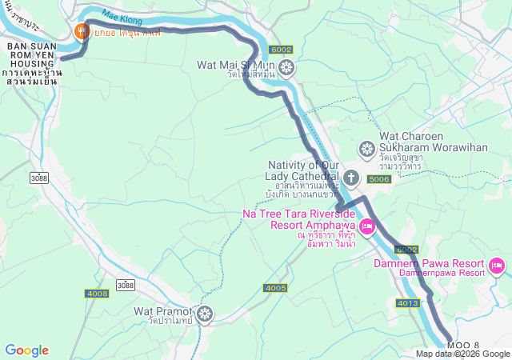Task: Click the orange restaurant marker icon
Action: pos(81,32)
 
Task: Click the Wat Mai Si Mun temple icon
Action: pos(286,68)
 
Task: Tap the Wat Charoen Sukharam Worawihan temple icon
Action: pos(366,150)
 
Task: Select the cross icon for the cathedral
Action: pos(351,176)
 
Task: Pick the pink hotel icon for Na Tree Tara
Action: pos(366,227)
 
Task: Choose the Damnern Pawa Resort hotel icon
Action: pos(496,265)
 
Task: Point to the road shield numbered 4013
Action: pos(406,303)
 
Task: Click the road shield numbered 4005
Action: pos(274,288)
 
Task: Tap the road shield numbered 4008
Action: pos(97,294)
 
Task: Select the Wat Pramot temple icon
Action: pos(205,314)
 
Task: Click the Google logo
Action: pos(26,350)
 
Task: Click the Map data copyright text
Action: pos(462,354)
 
